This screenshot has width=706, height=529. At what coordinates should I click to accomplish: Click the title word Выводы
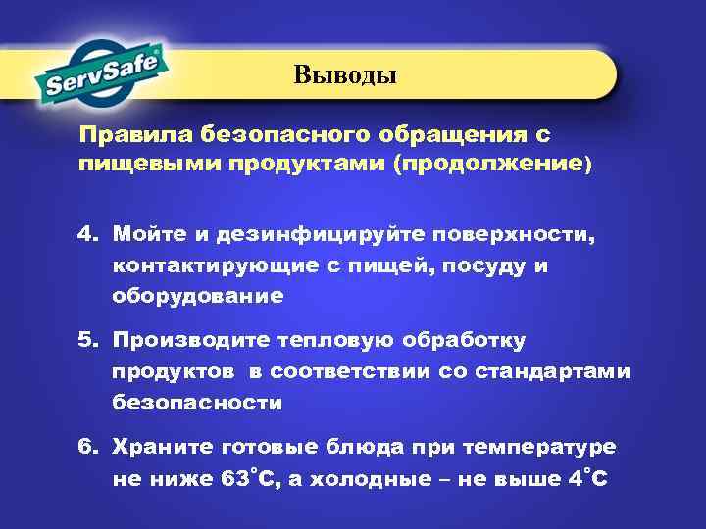344,74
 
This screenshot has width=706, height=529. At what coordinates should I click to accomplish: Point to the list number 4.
88,236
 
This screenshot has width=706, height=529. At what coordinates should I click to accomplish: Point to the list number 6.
88,448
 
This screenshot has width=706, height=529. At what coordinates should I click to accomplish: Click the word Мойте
147,236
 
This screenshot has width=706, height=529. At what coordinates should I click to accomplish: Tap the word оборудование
197,295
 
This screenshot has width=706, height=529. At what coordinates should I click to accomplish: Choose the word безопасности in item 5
197,402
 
